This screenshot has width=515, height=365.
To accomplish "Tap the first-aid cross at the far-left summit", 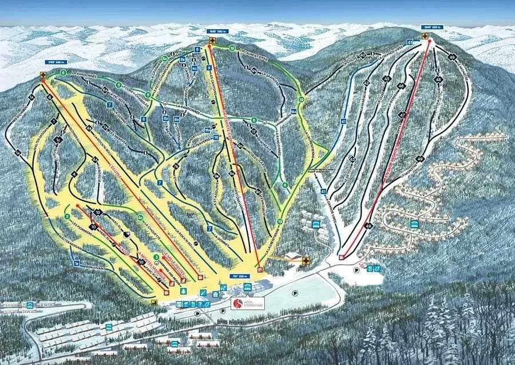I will point(43,75).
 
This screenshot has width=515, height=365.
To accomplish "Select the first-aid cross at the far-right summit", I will point(425,36).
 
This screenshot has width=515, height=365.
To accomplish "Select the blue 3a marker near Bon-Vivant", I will point(76,264).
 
